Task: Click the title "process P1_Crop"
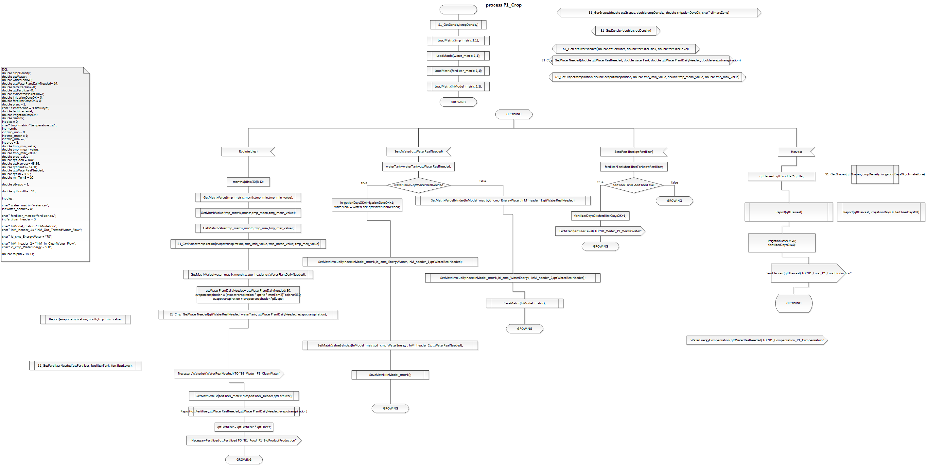tap(503, 5)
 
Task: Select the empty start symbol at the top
tap(458, 9)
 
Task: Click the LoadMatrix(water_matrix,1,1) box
tap(458, 56)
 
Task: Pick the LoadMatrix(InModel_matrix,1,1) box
tap(458, 86)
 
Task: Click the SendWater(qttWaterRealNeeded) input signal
tap(418, 151)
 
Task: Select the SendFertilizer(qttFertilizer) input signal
tap(633, 152)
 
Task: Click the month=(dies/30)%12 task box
tap(248, 182)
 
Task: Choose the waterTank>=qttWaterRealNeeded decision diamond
tap(418, 185)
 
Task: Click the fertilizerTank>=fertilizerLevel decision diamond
tap(633, 185)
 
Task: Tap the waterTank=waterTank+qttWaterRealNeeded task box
tap(418, 167)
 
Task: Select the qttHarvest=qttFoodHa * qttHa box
tap(781, 176)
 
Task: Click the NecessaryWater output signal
tap(229, 373)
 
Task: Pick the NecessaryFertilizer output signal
tap(244, 440)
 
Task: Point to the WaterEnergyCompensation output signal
tap(757, 340)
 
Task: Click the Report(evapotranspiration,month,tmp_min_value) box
tap(85, 319)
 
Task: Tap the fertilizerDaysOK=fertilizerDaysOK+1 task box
tap(600, 216)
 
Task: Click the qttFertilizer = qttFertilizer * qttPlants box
tap(244, 427)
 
